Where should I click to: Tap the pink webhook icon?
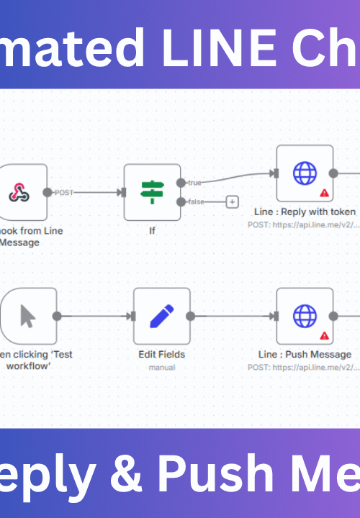tap(19, 192)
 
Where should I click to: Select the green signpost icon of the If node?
tap(152, 192)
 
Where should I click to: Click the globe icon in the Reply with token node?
tap(305, 173)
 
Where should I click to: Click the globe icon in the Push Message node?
tap(305, 316)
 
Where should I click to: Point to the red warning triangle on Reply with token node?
tap(324, 193)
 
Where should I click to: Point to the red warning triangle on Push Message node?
tap(324, 335)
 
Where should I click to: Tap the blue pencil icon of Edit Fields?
tap(161, 316)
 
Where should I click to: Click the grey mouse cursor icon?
tap(28, 316)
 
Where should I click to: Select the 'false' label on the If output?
tap(197, 201)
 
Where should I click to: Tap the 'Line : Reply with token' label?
tap(305, 212)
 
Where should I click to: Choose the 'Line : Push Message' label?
tap(305, 354)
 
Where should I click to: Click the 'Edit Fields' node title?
tap(161, 354)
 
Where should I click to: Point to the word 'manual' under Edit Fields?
tap(161, 367)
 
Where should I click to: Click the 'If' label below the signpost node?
tap(152, 231)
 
